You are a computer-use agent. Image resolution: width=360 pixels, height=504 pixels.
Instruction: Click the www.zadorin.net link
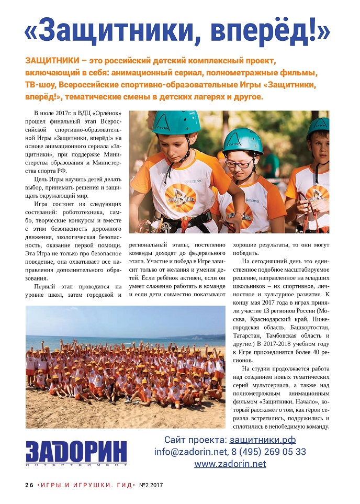(230, 464)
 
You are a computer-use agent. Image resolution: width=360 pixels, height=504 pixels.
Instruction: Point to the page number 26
(29, 485)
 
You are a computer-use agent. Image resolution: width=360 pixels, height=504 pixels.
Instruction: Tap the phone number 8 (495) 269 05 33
(269, 452)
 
